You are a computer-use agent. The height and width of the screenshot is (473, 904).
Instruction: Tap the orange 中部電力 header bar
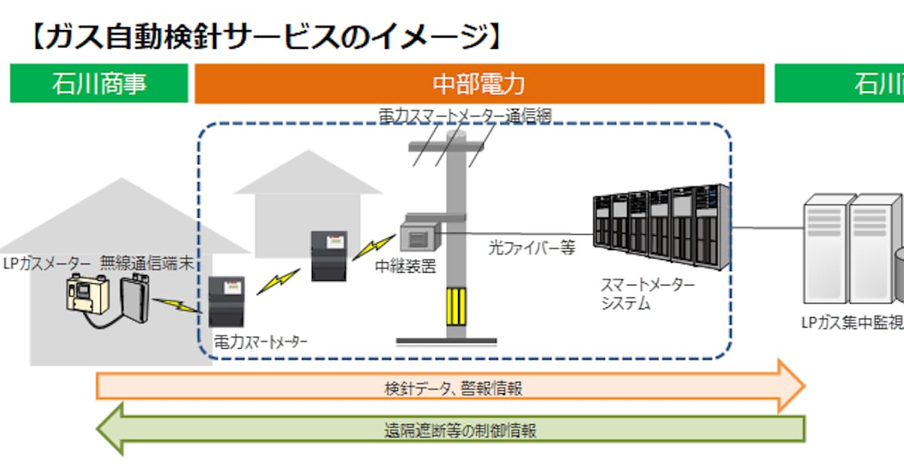pyautogui.click(x=479, y=84)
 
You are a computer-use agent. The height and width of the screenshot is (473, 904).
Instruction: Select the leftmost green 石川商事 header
pyautogui.click(x=99, y=84)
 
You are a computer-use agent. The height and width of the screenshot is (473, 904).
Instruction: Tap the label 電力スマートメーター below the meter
pyautogui.click(x=261, y=341)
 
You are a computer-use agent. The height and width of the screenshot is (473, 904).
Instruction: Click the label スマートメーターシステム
pyautogui.click(x=646, y=294)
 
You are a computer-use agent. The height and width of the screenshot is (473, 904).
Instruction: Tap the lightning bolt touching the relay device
pyautogui.click(x=374, y=244)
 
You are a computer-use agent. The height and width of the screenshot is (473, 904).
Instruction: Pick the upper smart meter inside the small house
pyautogui.click(x=329, y=255)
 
